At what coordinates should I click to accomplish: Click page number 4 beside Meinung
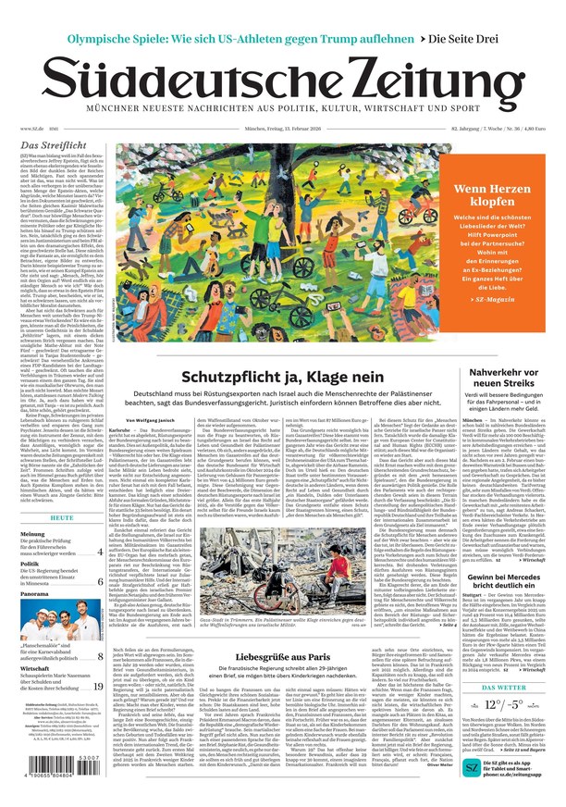point(100,552)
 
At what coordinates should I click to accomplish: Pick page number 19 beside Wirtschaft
point(98,686)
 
